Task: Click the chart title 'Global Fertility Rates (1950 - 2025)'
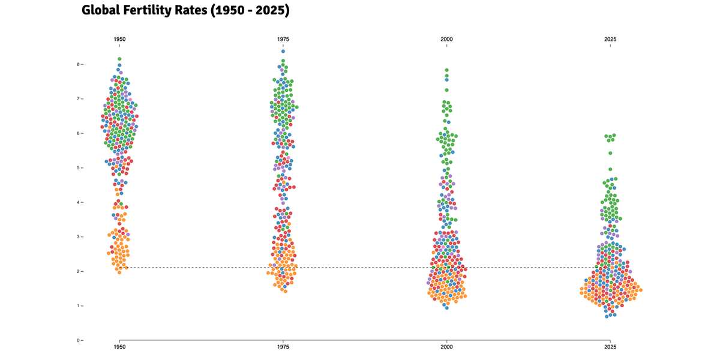[185, 10]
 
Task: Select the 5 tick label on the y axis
[77, 167]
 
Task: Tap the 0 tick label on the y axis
[77, 340]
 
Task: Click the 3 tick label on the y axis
[77, 236]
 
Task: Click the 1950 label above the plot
[119, 39]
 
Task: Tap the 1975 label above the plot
[283, 39]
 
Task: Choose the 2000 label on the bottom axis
[446, 347]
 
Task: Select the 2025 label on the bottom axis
[610, 347]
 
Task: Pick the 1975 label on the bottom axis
[283, 347]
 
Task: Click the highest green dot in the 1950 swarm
[119, 59]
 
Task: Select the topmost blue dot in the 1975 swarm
[283, 51]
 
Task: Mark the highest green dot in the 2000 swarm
[446, 70]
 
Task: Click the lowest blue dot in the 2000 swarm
[446, 307]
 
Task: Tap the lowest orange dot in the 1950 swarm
[119, 272]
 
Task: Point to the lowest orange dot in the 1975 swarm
[285, 291]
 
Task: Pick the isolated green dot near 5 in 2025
[610, 169]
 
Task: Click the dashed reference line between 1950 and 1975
[201, 268]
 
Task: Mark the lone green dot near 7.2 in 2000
[446, 90]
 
